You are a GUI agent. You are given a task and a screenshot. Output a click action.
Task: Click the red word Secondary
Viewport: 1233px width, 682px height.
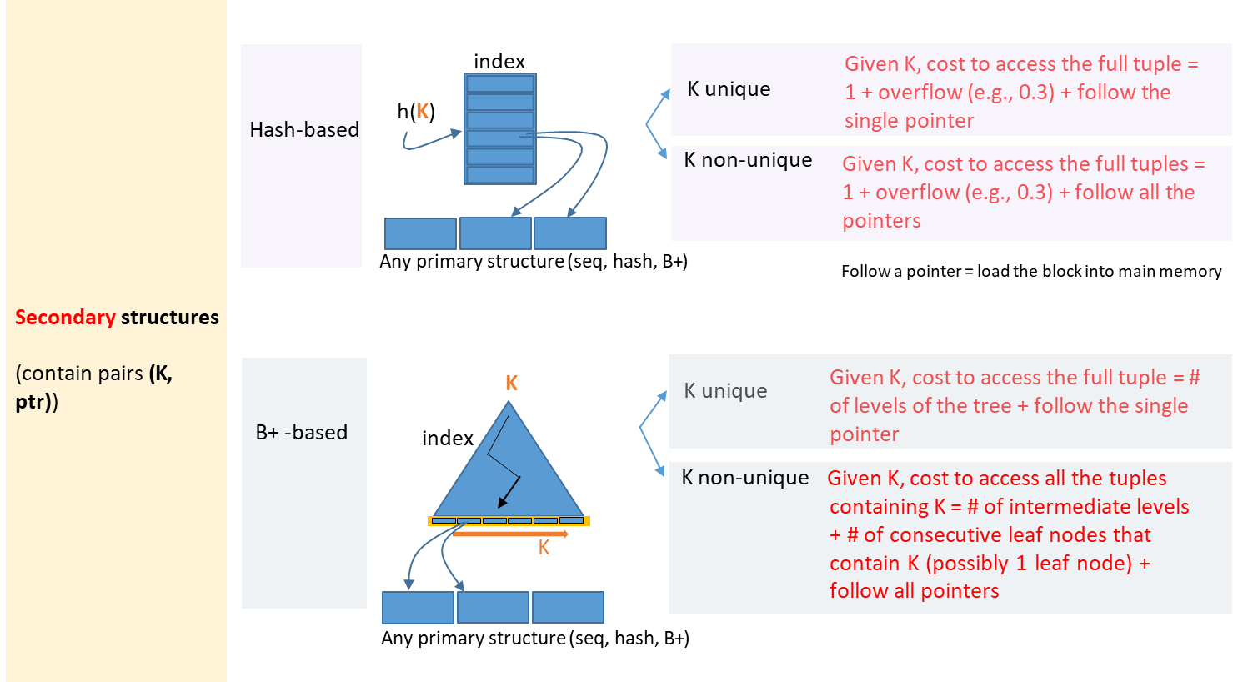point(65,318)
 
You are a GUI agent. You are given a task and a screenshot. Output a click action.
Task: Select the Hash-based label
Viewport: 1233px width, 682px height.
point(304,130)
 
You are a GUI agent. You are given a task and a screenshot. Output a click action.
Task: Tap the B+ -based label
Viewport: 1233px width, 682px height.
point(302,433)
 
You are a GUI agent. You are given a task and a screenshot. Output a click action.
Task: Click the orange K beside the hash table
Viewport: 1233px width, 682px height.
point(423,112)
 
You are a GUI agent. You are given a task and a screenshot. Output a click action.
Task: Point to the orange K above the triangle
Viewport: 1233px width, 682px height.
point(512,384)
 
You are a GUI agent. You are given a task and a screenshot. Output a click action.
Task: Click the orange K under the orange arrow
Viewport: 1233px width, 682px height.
point(544,548)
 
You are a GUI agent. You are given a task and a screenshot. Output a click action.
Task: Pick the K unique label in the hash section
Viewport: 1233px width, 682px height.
point(729,89)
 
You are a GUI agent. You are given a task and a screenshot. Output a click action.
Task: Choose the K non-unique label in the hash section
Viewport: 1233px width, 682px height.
point(748,160)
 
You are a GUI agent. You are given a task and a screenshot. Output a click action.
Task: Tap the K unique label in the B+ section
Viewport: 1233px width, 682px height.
point(725,391)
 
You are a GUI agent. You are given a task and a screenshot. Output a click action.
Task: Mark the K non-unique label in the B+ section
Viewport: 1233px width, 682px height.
point(744,478)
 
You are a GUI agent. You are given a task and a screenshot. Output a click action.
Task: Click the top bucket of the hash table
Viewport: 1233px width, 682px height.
point(500,83)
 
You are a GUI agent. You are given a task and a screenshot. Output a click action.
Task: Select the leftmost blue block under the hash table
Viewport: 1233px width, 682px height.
point(420,233)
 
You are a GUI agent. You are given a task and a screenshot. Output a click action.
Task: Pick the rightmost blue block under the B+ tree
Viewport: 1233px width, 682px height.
point(568,607)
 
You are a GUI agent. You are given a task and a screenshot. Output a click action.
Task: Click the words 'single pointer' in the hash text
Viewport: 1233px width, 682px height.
point(909,121)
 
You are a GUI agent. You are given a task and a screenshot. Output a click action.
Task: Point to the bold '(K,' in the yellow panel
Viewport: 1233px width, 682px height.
point(161,374)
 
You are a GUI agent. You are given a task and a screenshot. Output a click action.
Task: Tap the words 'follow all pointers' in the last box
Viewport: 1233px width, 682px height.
point(914,591)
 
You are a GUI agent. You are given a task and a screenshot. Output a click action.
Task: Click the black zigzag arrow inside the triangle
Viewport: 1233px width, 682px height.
point(503,467)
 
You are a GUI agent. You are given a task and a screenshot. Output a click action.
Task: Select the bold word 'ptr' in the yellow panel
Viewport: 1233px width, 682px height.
point(31,402)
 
